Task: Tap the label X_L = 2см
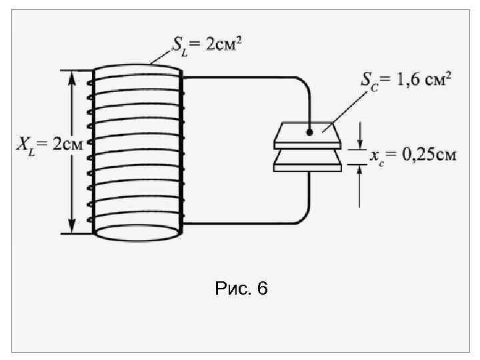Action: pyautogui.click(x=45, y=145)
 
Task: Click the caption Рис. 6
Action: pyautogui.click(x=241, y=289)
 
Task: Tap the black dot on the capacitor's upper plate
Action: pyautogui.click(x=309, y=132)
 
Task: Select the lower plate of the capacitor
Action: pyautogui.click(x=309, y=163)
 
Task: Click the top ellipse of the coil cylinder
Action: pyautogui.click(x=137, y=69)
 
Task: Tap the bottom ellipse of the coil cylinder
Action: pyautogui.click(x=137, y=233)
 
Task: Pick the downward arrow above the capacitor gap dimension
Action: pyautogui.click(x=360, y=140)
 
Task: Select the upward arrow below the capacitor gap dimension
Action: pyautogui.click(x=360, y=175)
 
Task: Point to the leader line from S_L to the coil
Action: pyautogui.click(x=164, y=56)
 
